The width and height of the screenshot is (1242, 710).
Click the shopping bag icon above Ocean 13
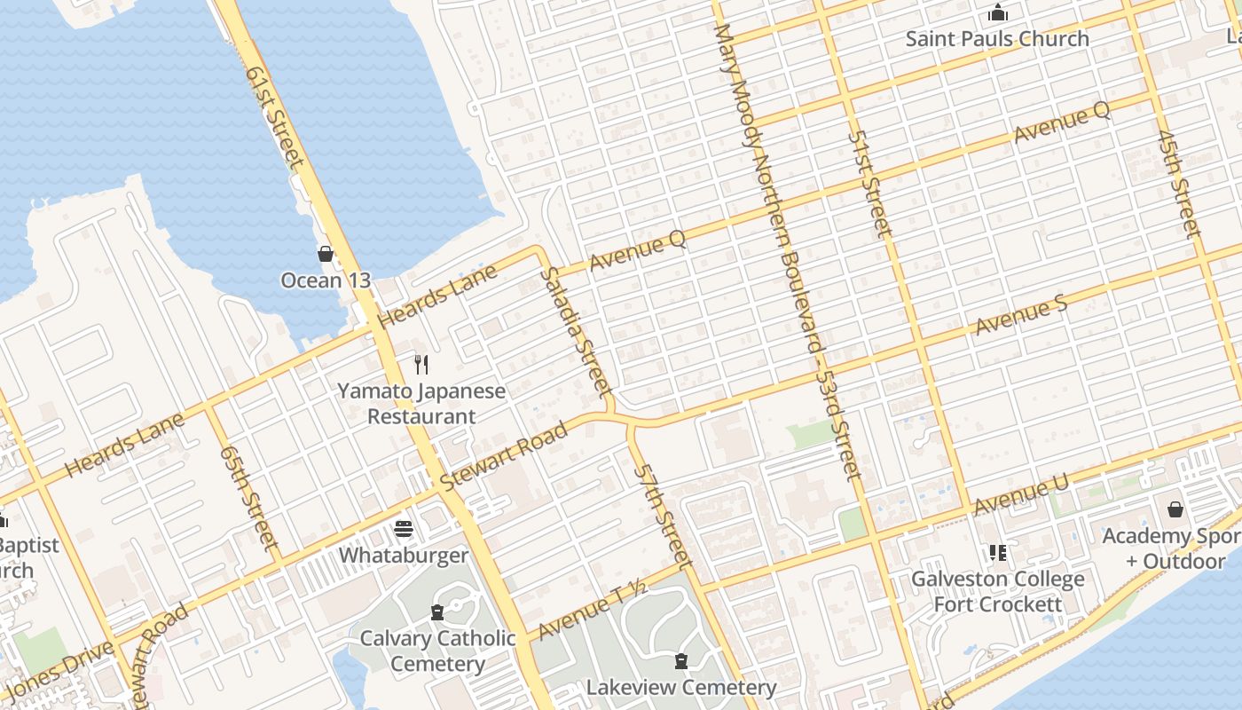326,255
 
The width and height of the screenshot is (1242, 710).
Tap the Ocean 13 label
326,280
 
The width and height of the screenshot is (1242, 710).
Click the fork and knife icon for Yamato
421,364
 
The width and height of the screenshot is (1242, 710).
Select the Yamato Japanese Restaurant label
422,404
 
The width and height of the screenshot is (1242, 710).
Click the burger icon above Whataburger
404,529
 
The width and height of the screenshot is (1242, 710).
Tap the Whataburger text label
404,556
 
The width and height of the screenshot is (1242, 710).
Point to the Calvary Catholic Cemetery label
437,651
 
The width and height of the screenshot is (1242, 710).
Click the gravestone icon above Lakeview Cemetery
680,661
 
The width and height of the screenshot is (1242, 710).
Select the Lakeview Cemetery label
680,688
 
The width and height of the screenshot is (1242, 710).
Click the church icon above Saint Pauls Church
998,13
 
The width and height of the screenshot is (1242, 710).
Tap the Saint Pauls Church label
997,39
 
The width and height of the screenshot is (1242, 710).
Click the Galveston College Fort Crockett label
998,592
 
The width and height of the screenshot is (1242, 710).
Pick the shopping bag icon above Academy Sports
1175,509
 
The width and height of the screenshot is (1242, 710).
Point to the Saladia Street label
576,330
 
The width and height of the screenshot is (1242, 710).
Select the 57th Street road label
662,515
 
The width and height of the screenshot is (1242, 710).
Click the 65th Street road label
248,497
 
